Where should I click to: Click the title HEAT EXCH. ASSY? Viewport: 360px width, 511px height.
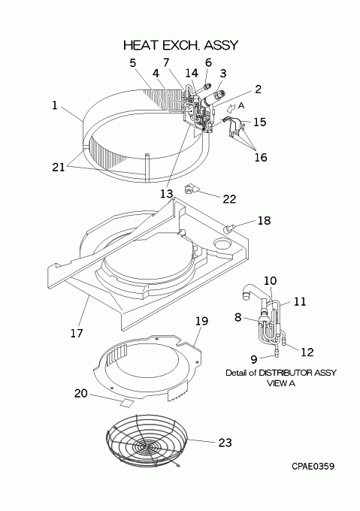[181, 45]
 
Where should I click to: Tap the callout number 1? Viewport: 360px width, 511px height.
[55, 105]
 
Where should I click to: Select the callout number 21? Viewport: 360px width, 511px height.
[59, 167]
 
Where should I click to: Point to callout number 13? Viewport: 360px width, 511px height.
[166, 194]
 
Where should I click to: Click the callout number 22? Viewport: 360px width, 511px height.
[229, 199]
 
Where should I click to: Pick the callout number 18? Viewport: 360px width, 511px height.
[264, 220]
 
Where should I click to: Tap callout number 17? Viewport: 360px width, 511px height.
[77, 333]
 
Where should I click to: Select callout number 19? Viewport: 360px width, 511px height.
[201, 321]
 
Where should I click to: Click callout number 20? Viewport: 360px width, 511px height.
[81, 393]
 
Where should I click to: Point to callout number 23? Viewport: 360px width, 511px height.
[225, 442]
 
